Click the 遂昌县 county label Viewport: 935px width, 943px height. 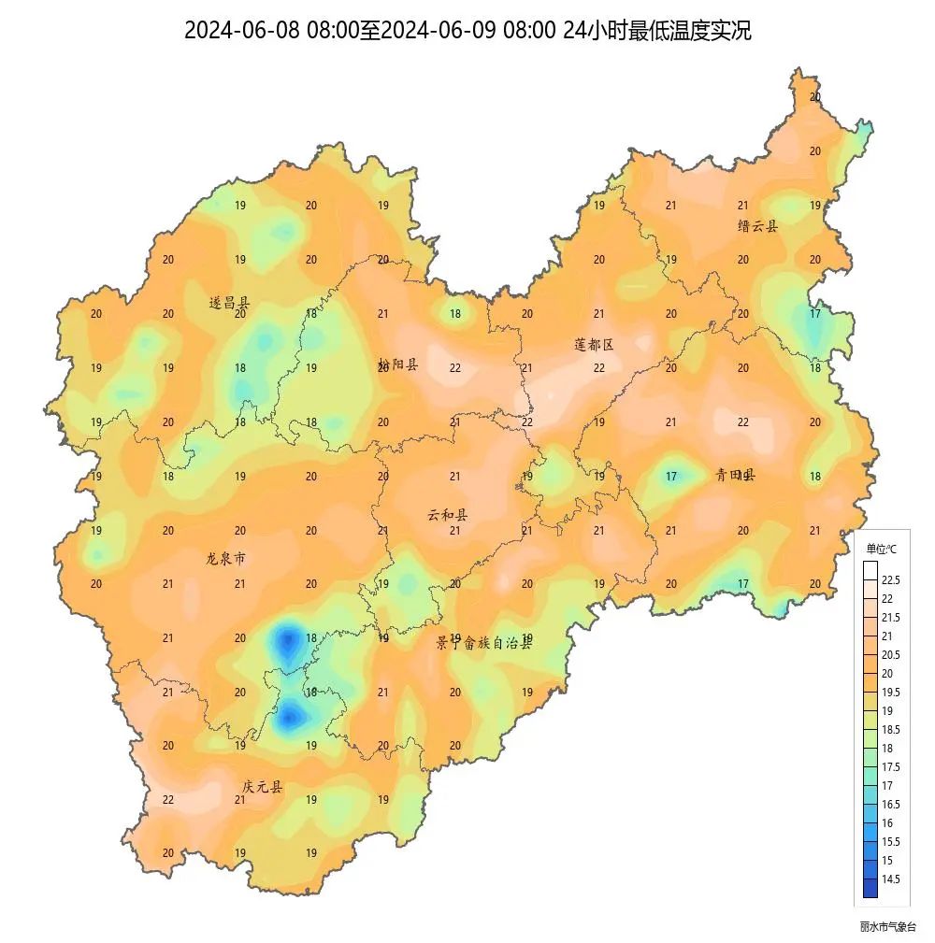[x=229, y=303]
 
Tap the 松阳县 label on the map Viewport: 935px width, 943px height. [x=398, y=364]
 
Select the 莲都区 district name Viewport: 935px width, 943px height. [x=594, y=344]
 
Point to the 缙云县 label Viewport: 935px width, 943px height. [x=757, y=225]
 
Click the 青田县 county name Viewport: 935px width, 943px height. [x=735, y=475]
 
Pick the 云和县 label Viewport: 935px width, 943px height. [x=448, y=514]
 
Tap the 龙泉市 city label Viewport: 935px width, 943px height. [x=225, y=558]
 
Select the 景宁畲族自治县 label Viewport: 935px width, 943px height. [x=483, y=643]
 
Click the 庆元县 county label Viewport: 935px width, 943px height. [x=262, y=787]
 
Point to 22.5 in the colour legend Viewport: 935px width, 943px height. [x=891, y=580]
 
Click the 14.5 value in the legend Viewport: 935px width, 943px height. [x=891, y=879]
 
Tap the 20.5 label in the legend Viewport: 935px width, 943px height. [x=891, y=654]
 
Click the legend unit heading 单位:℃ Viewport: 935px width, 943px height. [x=881, y=549]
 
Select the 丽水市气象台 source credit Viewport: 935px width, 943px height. [x=888, y=926]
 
